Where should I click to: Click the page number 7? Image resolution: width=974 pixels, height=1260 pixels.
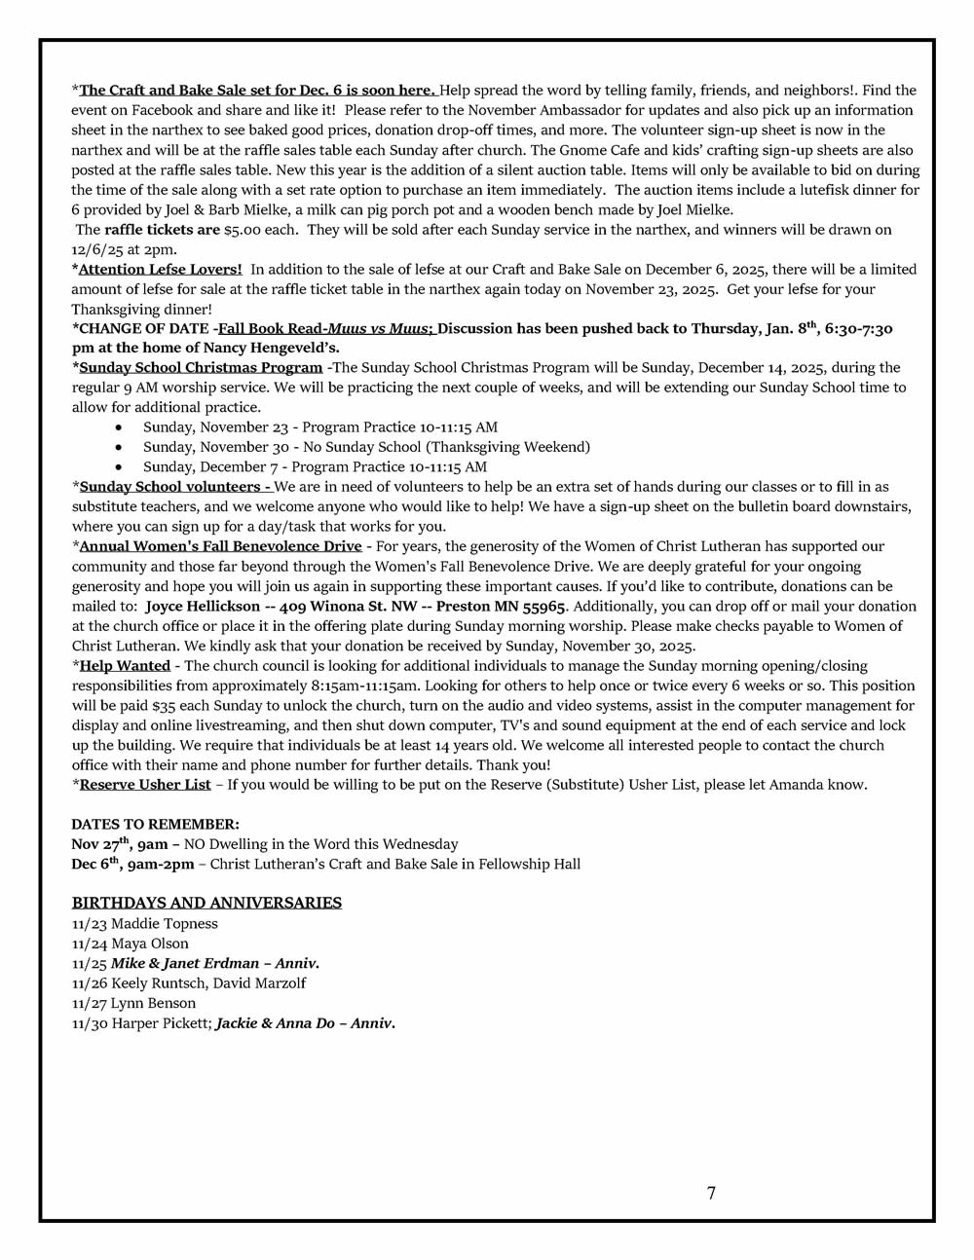pyautogui.click(x=711, y=1193)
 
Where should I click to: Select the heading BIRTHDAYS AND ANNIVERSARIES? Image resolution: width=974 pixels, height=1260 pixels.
pyautogui.click(x=206, y=903)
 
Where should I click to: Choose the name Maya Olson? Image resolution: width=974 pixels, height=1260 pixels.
pyautogui.click(x=150, y=944)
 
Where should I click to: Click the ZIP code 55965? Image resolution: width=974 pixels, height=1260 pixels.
pyautogui.click(x=544, y=606)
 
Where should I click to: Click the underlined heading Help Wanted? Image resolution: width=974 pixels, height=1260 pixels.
pyautogui.click(x=125, y=665)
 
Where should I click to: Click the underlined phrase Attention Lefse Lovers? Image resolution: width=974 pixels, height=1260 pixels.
pyautogui.click(x=161, y=269)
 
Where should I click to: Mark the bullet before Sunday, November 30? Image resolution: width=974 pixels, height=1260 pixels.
pyautogui.click(x=119, y=447)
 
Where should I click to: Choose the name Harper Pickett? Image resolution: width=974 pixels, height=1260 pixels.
pyautogui.click(x=161, y=1023)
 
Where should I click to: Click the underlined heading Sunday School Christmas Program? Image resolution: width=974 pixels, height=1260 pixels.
pyautogui.click(x=201, y=367)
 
